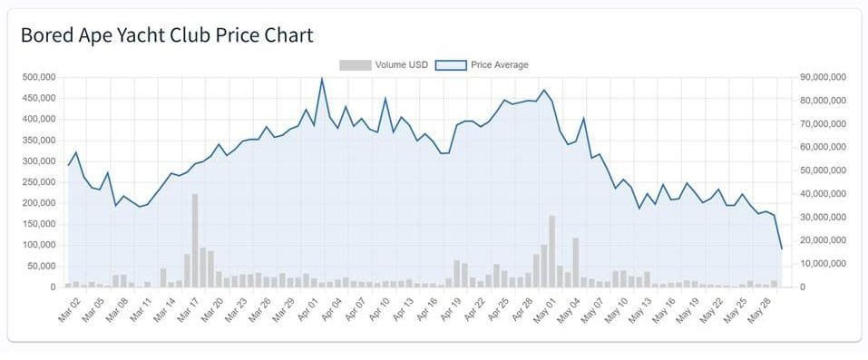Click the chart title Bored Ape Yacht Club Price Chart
167,35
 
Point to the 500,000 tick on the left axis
38,77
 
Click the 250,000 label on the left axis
38,182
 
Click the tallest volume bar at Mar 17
195,240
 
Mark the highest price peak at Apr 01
322,78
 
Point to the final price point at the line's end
782,248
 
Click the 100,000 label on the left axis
38,245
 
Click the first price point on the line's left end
68,165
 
